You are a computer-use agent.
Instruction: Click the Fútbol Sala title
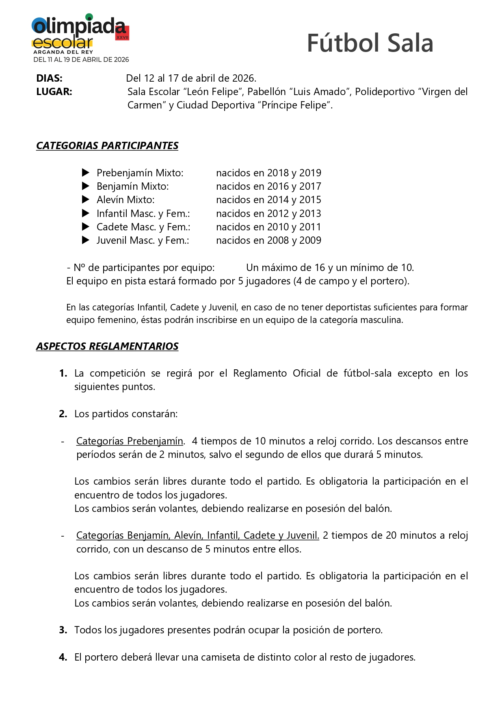point(370,43)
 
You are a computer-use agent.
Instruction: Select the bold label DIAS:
point(49,78)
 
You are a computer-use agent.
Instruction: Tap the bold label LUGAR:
point(54,91)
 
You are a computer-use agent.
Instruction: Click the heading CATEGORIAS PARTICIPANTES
point(107,145)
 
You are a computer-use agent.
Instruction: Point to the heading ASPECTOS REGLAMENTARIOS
point(107,346)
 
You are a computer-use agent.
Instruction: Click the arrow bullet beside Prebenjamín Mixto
point(86,173)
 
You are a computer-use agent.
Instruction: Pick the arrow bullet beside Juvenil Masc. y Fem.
point(86,240)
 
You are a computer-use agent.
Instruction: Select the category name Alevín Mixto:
point(125,200)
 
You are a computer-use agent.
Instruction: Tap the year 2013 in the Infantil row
point(310,213)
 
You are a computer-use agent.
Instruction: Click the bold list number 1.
point(63,373)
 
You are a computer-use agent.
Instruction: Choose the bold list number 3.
point(63,630)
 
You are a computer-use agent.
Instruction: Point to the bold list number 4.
point(63,657)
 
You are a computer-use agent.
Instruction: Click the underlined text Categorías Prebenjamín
point(130,441)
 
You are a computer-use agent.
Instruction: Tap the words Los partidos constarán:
point(126,414)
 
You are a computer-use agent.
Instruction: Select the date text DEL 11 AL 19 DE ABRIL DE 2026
point(81,60)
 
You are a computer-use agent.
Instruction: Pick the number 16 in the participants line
point(320,268)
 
